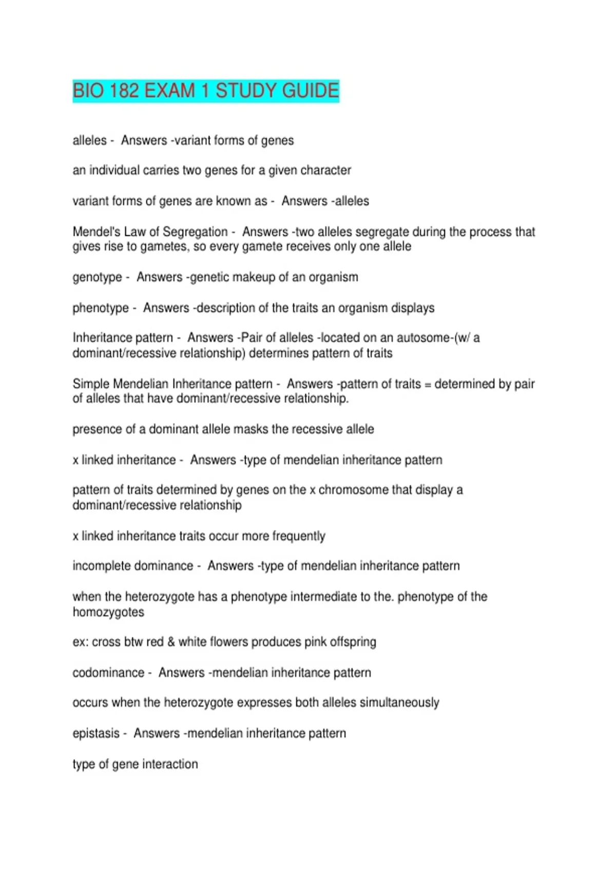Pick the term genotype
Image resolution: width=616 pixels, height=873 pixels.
tap(97, 277)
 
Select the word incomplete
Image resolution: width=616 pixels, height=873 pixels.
tap(104, 566)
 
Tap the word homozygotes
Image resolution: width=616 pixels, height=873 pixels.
tap(108, 612)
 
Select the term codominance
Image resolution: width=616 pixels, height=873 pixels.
tap(108, 673)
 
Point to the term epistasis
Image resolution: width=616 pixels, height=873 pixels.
tap(96, 733)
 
